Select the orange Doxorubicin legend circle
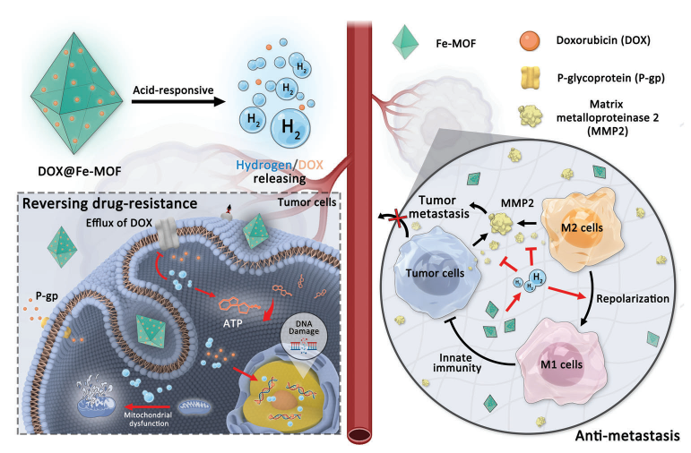(x=529, y=39)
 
